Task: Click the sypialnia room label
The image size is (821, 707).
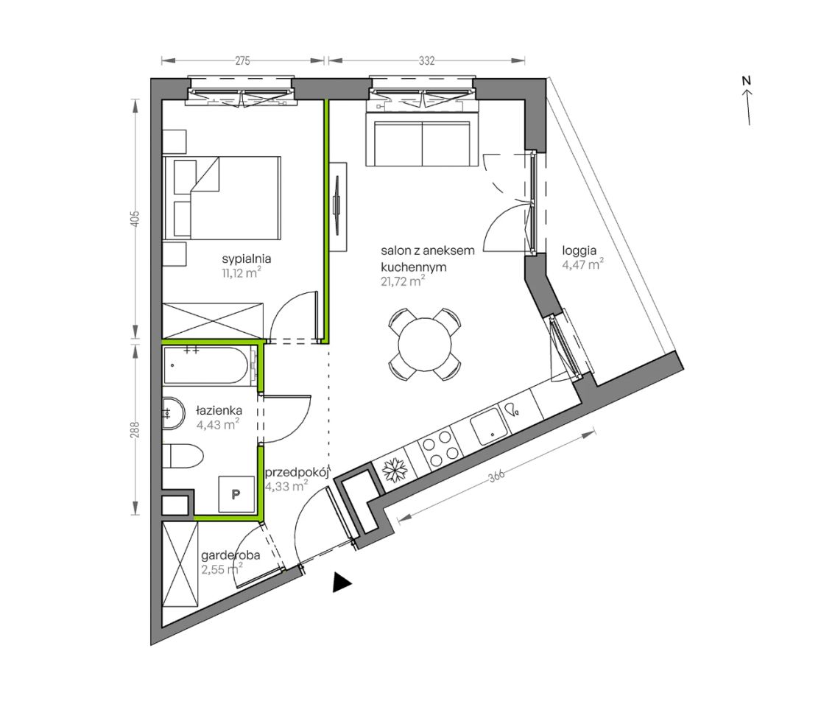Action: click(x=246, y=258)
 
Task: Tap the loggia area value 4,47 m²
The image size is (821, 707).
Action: click(x=582, y=264)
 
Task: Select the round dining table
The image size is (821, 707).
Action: click(x=425, y=345)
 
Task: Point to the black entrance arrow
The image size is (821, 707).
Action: click(x=342, y=583)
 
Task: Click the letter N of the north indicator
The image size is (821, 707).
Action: click(x=746, y=81)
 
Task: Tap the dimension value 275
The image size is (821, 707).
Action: click(x=242, y=60)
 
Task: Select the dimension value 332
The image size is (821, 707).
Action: click(x=427, y=60)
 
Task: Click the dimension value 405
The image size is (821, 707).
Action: click(x=135, y=219)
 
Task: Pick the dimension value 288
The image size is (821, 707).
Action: click(x=135, y=430)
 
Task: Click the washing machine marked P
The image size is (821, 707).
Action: click(x=236, y=494)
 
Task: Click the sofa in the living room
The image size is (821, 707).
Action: click(x=421, y=139)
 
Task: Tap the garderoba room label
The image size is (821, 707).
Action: click(x=230, y=555)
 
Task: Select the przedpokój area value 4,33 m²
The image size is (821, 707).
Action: click(x=286, y=486)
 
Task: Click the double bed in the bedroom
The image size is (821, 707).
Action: click(x=222, y=198)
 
